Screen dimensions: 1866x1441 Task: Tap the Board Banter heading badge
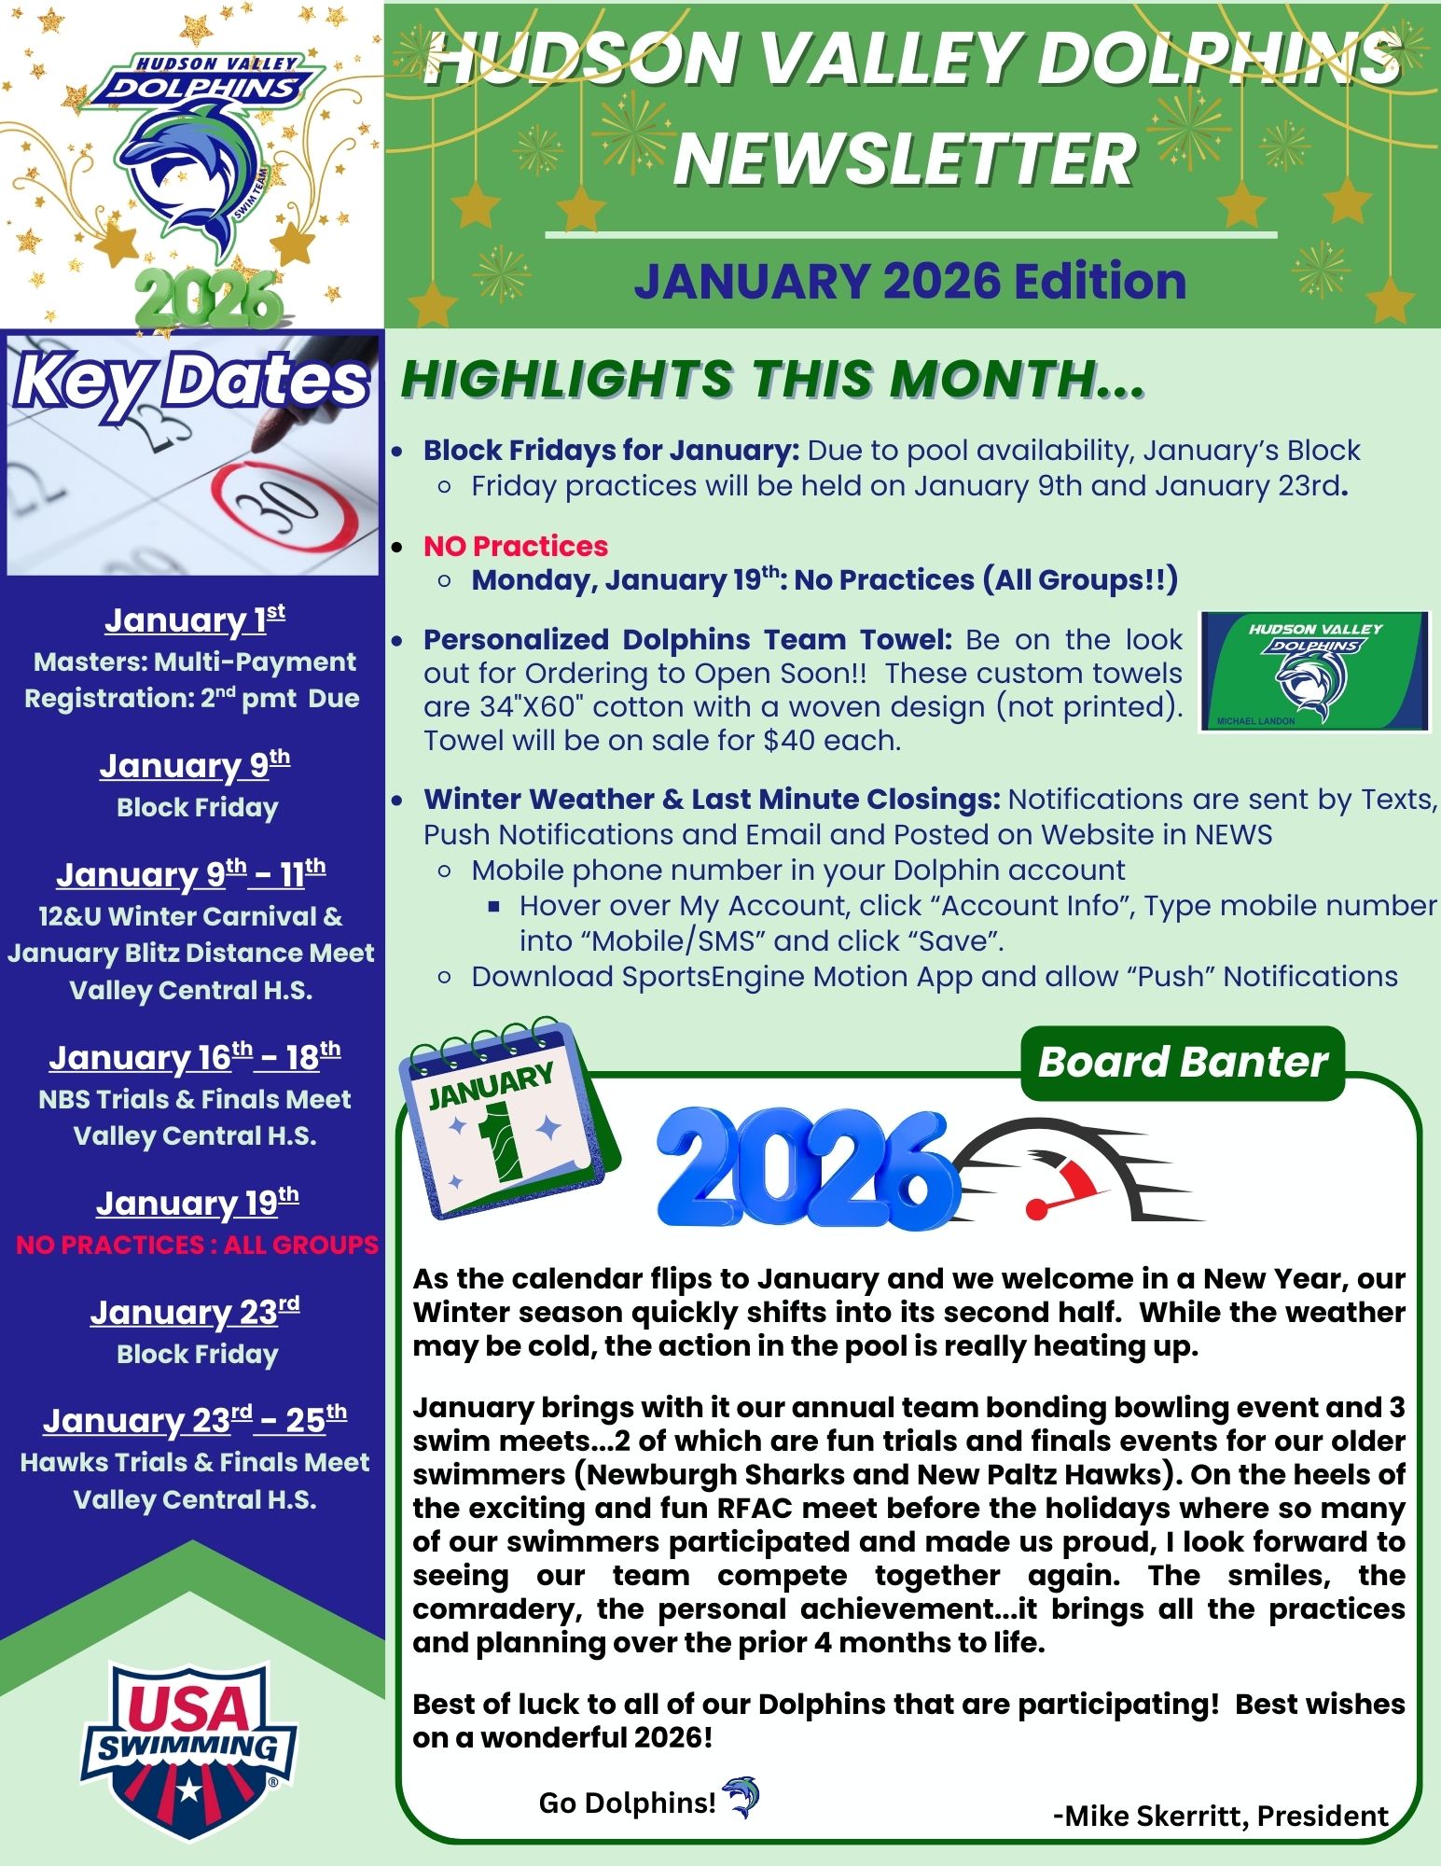(x=1183, y=1062)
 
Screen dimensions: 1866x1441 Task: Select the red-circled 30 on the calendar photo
(x=285, y=508)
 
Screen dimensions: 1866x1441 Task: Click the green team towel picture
(x=1314, y=670)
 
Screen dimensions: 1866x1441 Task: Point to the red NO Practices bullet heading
(x=515, y=546)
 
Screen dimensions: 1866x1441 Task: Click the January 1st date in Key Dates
(x=194, y=620)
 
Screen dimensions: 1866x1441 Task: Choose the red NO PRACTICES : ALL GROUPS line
(x=197, y=1244)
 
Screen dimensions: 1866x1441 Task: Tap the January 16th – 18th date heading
(x=194, y=1058)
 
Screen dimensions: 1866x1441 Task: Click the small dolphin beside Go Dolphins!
(x=742, y=1797)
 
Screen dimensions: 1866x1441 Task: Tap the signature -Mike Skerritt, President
(x=1220, y=1816)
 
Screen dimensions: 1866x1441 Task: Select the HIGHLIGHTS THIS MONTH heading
(x=771, y=380)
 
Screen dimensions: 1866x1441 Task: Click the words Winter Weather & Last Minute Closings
(x=711, y=800)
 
